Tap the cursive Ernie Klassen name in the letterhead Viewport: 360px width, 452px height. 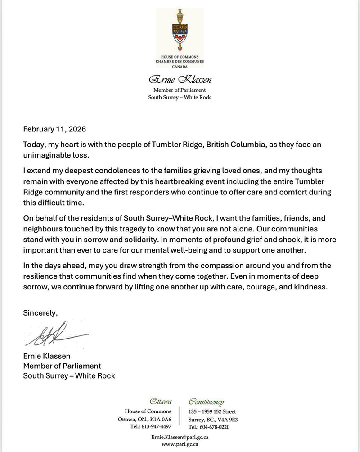[180, 80]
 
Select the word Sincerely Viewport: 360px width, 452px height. [40, 311]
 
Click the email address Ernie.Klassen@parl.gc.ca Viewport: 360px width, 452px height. [180, 437]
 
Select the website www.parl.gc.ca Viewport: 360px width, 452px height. [180, 444]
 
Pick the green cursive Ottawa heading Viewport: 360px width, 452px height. [160, 402]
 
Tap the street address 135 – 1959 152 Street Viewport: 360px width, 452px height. [212, 411]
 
